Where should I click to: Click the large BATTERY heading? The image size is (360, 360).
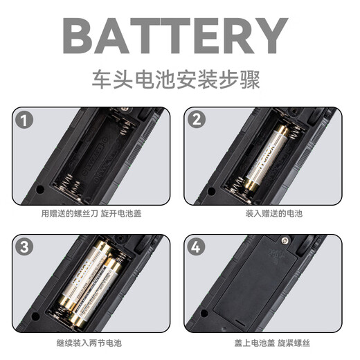point(175,36)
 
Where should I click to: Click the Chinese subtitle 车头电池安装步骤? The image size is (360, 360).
point(176,80)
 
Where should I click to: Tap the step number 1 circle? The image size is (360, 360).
point(24,120)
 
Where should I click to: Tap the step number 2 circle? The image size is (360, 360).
point(196,120)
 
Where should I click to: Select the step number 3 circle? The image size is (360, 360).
point(24,247)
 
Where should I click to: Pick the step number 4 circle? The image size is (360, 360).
point(196,246)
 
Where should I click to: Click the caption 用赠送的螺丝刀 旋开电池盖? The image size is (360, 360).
point(91,213)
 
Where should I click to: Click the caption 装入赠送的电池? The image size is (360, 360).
point(274,213)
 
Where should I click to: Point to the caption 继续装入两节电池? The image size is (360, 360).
point(89,343)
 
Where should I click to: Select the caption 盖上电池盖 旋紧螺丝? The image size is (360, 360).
point(272,343)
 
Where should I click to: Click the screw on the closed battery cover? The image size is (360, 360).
point(285,241)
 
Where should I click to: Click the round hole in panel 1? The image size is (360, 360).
point(40,190)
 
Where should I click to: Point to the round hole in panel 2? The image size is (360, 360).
point(212,191)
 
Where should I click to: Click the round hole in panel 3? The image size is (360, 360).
point(35,316)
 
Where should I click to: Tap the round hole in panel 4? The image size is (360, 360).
point(204,313)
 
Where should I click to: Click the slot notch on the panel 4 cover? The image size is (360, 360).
point(240,322)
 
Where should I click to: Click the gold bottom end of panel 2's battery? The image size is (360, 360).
point(251,185)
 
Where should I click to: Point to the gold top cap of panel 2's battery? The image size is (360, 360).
point(282,131)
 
